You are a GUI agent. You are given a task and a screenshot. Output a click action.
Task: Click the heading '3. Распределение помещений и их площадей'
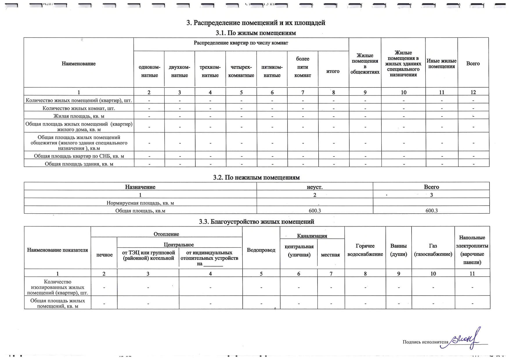click(x=256, y=23)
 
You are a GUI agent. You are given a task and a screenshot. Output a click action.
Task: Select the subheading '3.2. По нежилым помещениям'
click(x=256, y=177)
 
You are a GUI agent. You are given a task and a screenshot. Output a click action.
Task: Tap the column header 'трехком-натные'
click(x=210, y=71)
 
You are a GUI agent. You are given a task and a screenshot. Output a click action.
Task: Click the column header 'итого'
click(x=333, y=71)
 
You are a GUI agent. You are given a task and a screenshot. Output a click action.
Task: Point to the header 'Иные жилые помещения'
click(x=441, y=64)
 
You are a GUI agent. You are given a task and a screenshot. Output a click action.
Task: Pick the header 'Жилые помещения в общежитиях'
click(x=365, y=64)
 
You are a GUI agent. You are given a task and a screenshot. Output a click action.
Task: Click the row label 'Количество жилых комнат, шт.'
click(x=79, y=108)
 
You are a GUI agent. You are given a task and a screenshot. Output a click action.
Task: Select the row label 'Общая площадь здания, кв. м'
click(x=79, y=164)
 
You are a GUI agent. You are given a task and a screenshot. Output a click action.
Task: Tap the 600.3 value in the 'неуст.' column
click(x=315, y=210)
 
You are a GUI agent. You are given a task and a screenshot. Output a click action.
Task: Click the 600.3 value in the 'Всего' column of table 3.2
click(x=432, y=210)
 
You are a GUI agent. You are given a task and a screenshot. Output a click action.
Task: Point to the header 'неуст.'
click(x=315, y=187)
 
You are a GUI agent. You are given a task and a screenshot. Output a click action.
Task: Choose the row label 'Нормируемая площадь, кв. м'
click(x=140, y=203)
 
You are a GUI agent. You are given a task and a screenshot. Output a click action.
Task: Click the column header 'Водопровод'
click(x=261, y=250)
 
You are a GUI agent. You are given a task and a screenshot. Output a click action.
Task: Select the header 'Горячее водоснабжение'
click(x=365, y=250)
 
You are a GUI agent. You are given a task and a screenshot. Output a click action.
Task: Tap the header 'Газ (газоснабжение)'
click(x=433, y=250)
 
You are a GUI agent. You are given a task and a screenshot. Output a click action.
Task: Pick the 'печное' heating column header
click(x=104, y=255)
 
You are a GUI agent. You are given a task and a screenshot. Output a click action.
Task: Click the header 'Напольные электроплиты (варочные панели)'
click(x=472, y=250)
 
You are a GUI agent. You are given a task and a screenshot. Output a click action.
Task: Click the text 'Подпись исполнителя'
click(x=425, y=342)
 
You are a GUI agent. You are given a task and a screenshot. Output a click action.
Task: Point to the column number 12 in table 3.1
click(x=473, y=92)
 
